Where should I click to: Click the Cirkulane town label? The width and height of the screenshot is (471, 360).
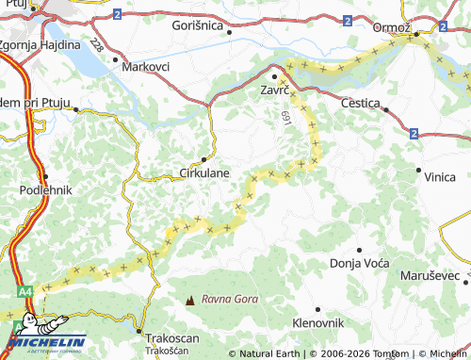click(x=204, y=173)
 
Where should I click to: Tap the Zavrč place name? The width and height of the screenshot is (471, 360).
click(x=274, y=91)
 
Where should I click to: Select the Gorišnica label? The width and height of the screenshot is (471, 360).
click(x=197, y=26)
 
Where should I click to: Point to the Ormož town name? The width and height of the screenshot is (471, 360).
click(x=391, y=27)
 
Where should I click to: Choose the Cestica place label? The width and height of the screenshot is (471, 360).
click(x=361, y=102)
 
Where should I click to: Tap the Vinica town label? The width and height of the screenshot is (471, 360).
click(x=440, y=177)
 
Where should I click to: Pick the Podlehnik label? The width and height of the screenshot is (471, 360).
click(x=45, y=189)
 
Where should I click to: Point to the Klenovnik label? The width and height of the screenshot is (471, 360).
click(x=318, y=322)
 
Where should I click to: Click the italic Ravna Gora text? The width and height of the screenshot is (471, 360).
click(x=230, y=300)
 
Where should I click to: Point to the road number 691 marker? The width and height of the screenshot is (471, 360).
click(x=285, y=116)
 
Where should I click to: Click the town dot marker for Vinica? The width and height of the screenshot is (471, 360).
click(x=418, y=171)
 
